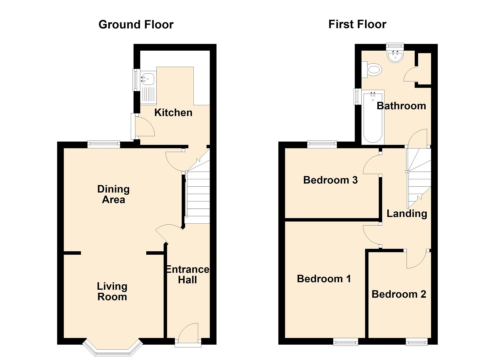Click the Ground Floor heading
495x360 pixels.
point(136,25)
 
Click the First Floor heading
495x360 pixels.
point(357,24)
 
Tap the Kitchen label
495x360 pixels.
point(173,113)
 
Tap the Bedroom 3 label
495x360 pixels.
point(330,180)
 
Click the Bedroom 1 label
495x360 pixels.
point(324,279)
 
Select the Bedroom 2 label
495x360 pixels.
point(399,294)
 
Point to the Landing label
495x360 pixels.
point(407,213)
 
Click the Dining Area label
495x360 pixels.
point(113,194)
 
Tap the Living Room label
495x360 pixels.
point(112,291)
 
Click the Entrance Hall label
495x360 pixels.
point(187,274)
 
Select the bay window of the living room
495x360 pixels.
point(112,348)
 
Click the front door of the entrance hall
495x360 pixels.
point(188,333)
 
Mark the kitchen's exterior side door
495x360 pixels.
point(143,126)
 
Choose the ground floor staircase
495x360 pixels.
point(197,193)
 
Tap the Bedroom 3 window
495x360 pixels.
point(322,144)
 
